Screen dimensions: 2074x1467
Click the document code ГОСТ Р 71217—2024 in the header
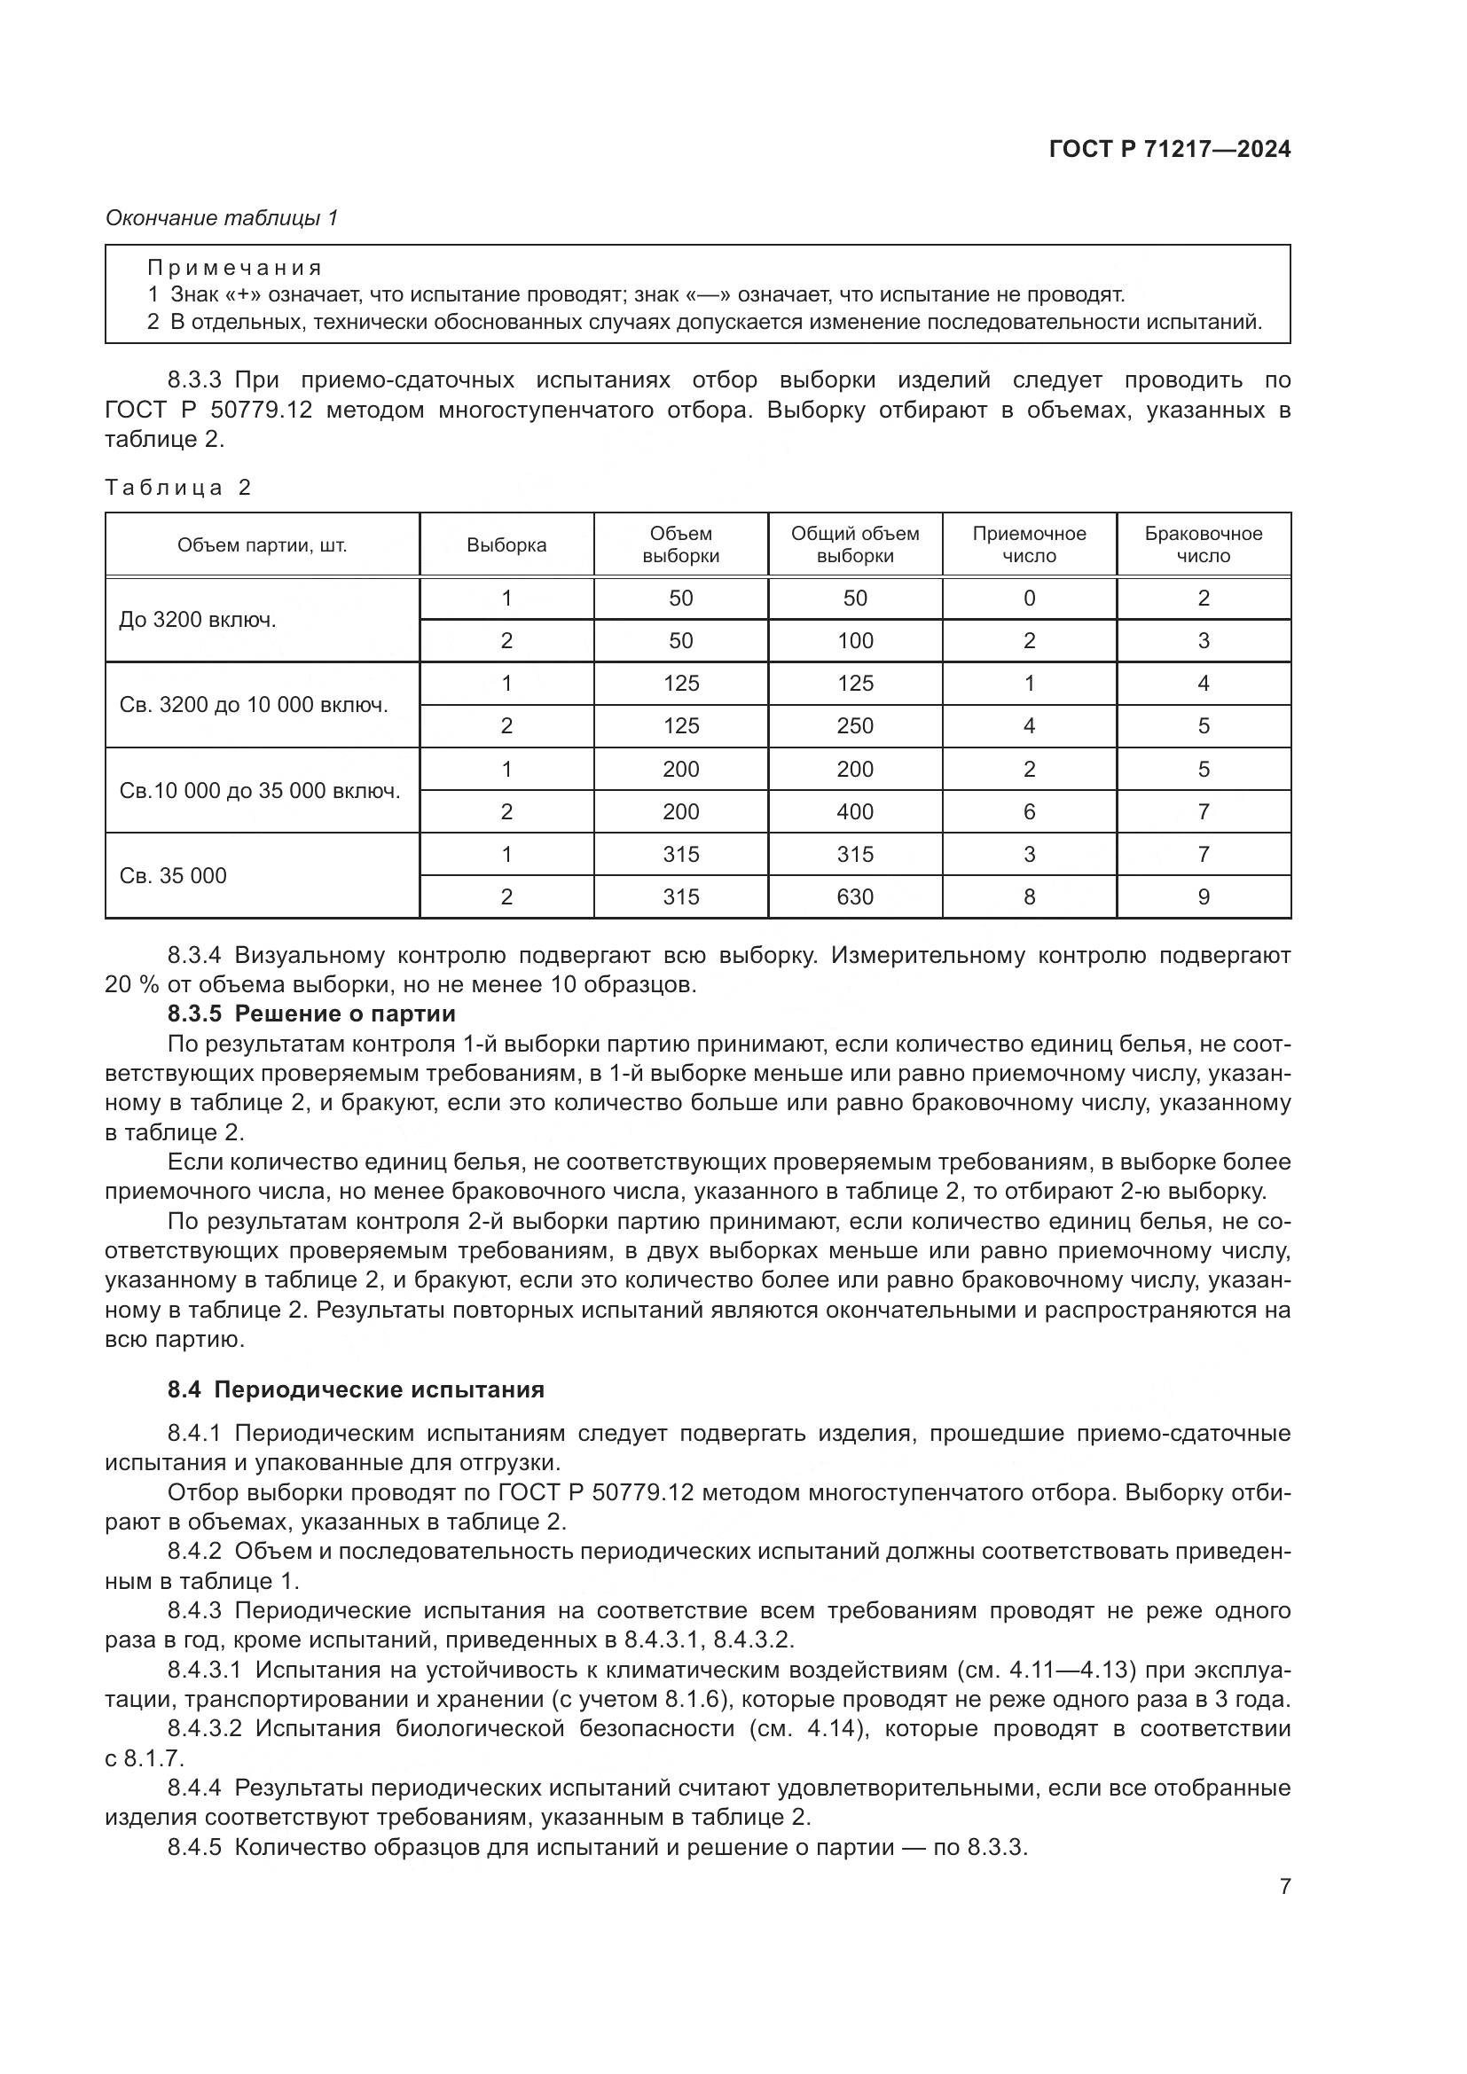click(1170, 149)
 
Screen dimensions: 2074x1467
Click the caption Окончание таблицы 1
click(222, 218)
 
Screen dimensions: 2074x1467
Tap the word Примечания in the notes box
click(234, 268)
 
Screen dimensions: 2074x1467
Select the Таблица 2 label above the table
click(178, 488)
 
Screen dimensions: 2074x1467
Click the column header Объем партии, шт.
click(262, 544)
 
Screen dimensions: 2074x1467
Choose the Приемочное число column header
click(1029, 544)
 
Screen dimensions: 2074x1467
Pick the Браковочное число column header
click(1204, 544)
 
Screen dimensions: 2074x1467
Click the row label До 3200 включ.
click(198, 620)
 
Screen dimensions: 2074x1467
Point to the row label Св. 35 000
click(174, 875)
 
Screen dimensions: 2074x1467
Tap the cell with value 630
click(854, 897)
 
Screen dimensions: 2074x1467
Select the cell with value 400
click(854, 811)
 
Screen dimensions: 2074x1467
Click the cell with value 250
click(854, 726)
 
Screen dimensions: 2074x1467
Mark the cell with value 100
click(854, 640)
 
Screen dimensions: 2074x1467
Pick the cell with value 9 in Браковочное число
click(1204, 897)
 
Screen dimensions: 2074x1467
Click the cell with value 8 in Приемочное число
click(1029, 897)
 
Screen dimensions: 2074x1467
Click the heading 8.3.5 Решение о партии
click(310, 1014)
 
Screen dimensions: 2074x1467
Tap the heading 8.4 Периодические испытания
click(356, 1389)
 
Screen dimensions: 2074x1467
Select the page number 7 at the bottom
click(1284, 1886)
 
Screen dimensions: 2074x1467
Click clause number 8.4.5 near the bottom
click(194, 1846)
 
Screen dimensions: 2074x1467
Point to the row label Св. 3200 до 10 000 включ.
click(254, 705)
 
